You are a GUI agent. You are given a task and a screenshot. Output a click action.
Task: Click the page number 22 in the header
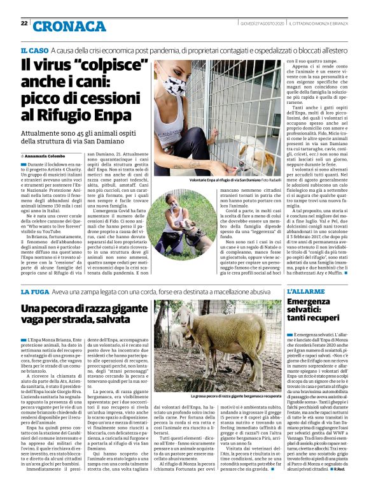[x=24, y=24]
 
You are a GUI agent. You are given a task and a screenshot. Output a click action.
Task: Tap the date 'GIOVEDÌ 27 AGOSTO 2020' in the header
[x=258, y=24]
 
